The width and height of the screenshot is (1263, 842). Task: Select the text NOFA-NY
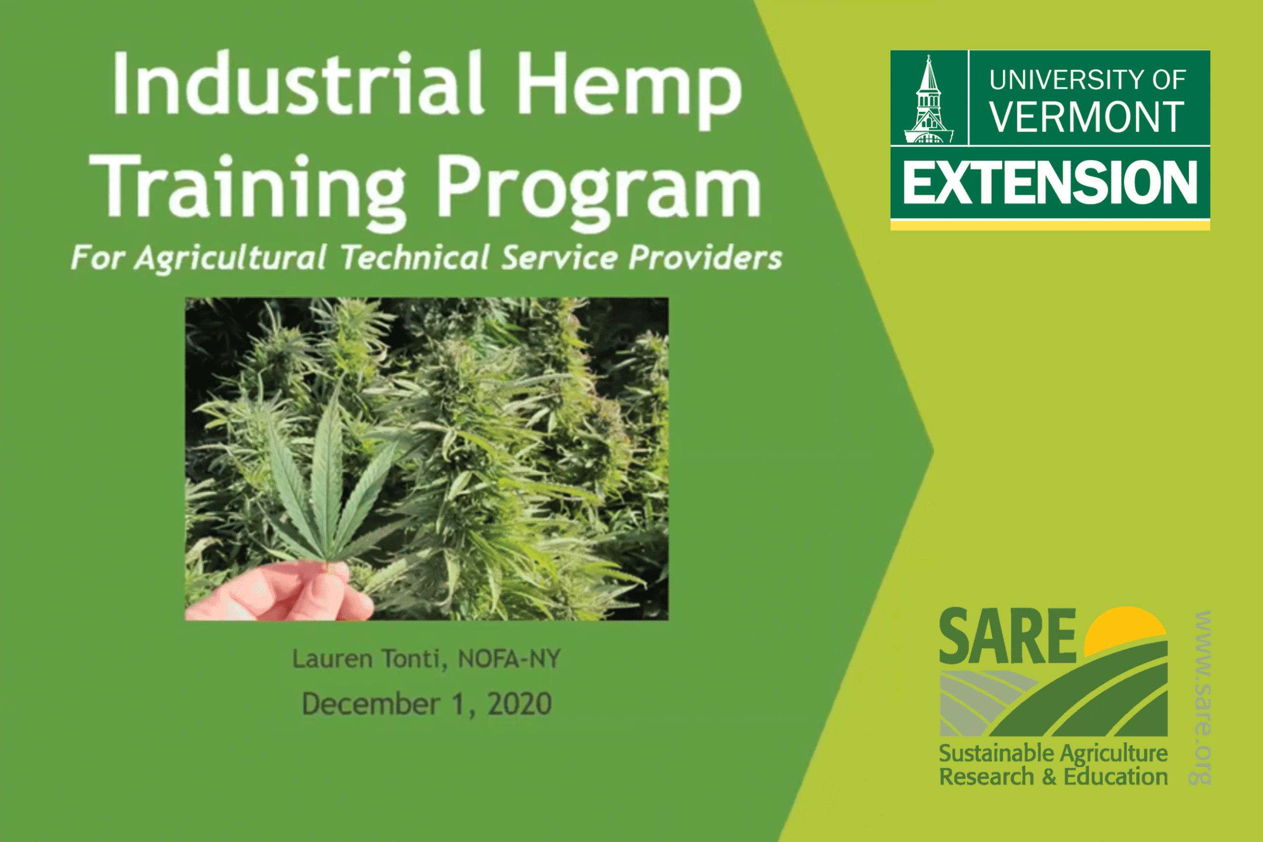[x=509, y=658]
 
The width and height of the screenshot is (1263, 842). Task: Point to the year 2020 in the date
[x=519, y=704]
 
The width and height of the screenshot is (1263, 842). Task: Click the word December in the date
[x=371, y=704]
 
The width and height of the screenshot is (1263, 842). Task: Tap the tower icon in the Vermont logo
[x=929, y=99]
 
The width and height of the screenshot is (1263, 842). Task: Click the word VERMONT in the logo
[x=1087, y=116]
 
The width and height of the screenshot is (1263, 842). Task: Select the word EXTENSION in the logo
[x=1050, y=183]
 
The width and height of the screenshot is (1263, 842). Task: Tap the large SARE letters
[x=1007, y=637]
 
